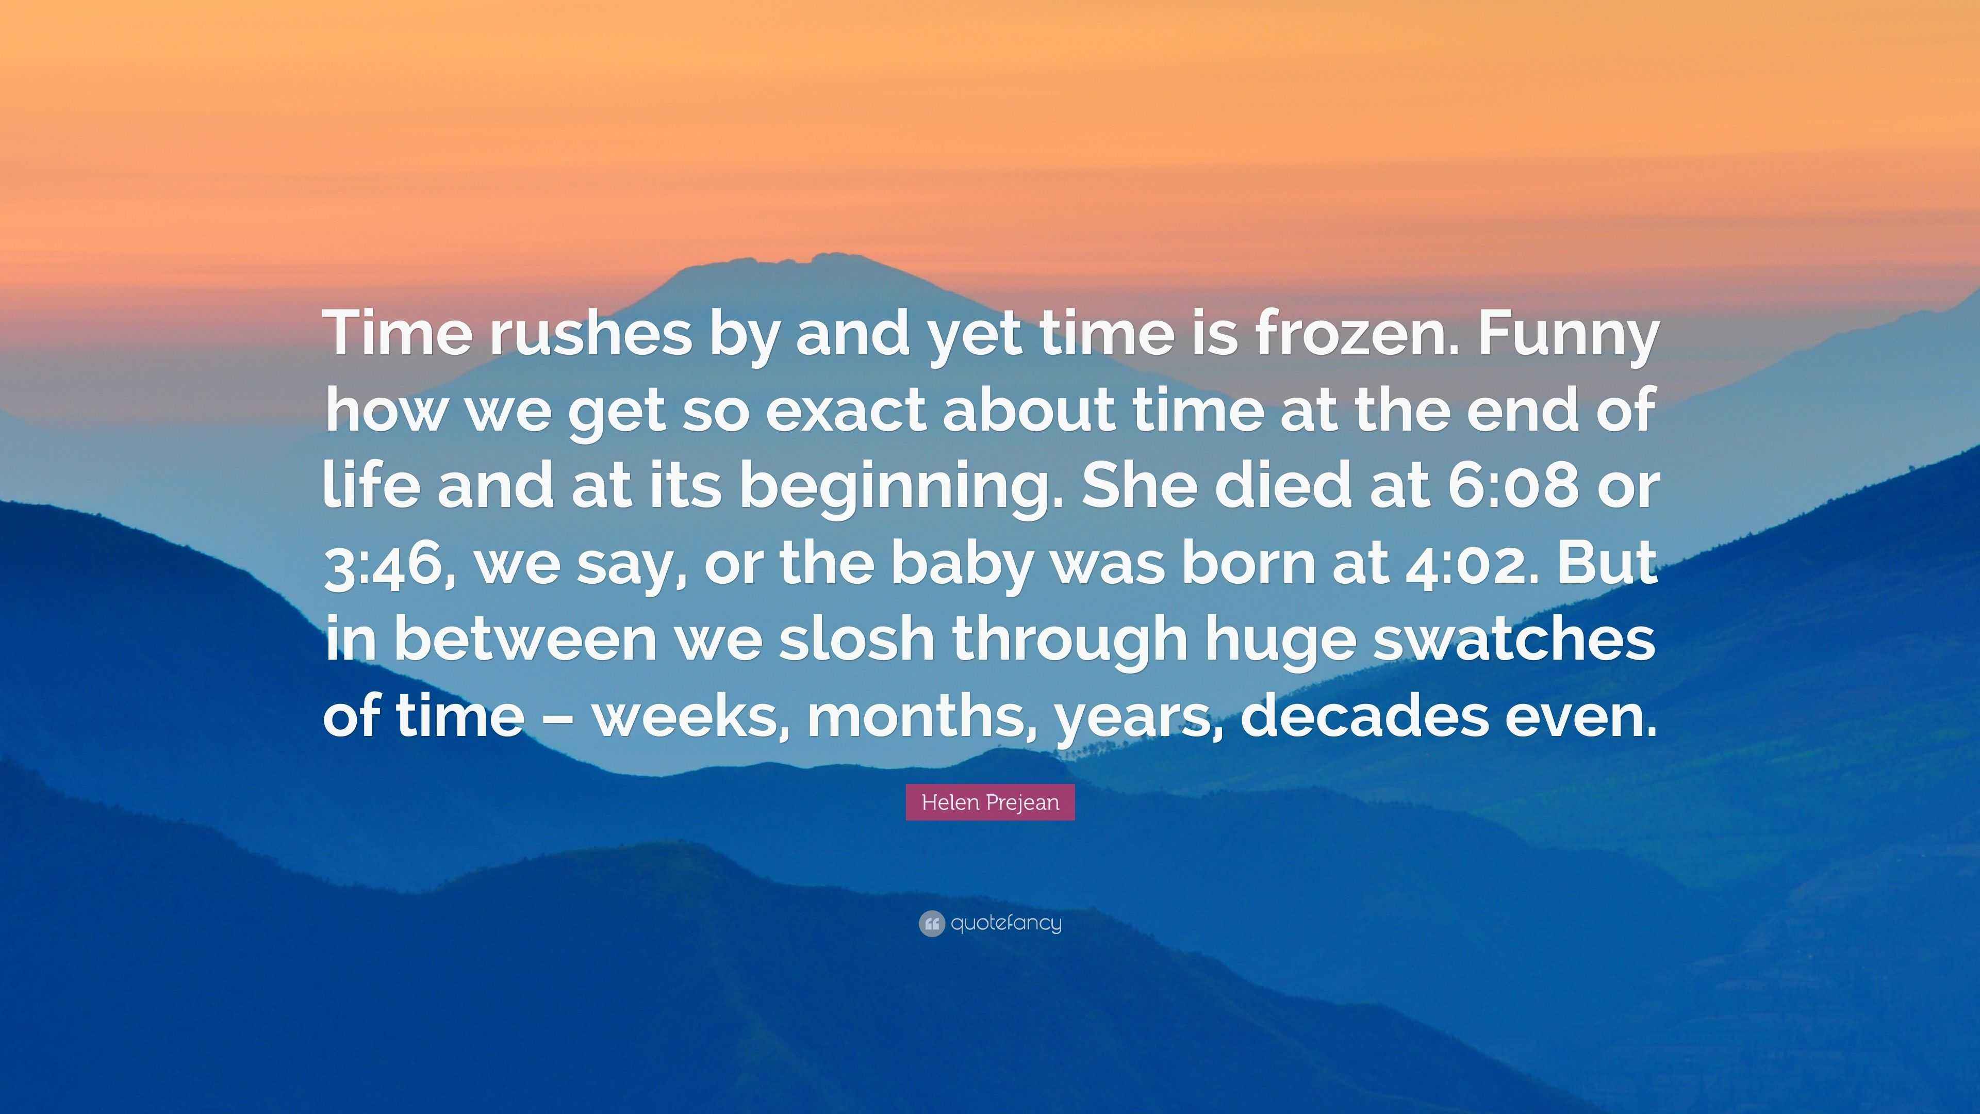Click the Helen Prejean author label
pos(990,802)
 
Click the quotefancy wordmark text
pos(1006,923)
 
